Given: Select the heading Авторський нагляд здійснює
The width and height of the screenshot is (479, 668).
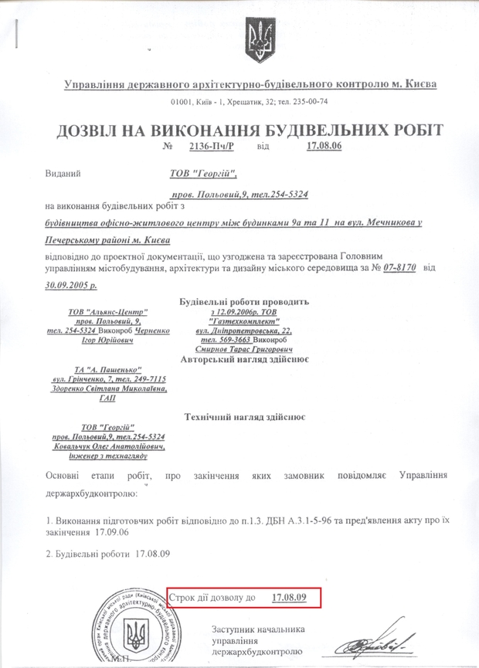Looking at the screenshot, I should tap(244, 358).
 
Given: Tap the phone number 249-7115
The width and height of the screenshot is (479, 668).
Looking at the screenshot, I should tap(145, 379).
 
